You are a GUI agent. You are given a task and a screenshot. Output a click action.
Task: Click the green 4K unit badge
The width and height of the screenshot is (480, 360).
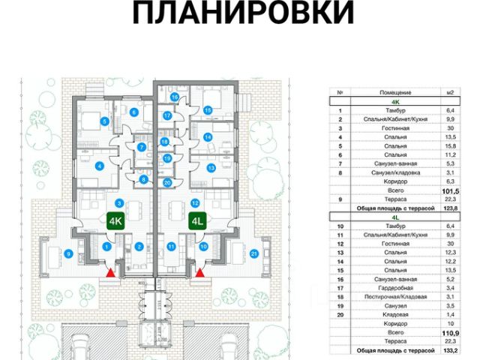pos(116,221)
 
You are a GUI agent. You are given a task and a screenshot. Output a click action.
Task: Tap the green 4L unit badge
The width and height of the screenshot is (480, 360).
pos(197,221)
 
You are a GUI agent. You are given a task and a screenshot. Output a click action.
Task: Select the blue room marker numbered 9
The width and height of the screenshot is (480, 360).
pos(68,253)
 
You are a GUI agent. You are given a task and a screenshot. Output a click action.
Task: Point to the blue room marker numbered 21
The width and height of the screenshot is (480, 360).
pos(254,253)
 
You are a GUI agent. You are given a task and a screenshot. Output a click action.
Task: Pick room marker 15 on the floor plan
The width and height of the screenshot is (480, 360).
pos(208,110)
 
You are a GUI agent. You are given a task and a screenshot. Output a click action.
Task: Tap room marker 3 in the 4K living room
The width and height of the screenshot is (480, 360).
pos(118,203)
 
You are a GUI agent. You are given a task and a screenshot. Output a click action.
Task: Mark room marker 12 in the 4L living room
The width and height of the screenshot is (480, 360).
pos(194,203)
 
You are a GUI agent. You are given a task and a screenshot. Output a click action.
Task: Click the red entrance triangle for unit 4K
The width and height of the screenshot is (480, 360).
pos(112,274)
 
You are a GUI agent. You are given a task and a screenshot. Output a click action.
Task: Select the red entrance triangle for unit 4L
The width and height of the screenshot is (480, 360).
pos(200,274)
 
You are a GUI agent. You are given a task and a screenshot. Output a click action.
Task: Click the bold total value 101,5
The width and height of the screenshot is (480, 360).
pos(451,190)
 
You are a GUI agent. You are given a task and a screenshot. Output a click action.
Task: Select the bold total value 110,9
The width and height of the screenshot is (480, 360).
pos(451,332)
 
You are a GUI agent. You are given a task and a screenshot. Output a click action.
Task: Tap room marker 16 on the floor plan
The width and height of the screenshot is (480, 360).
pos(173,97)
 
